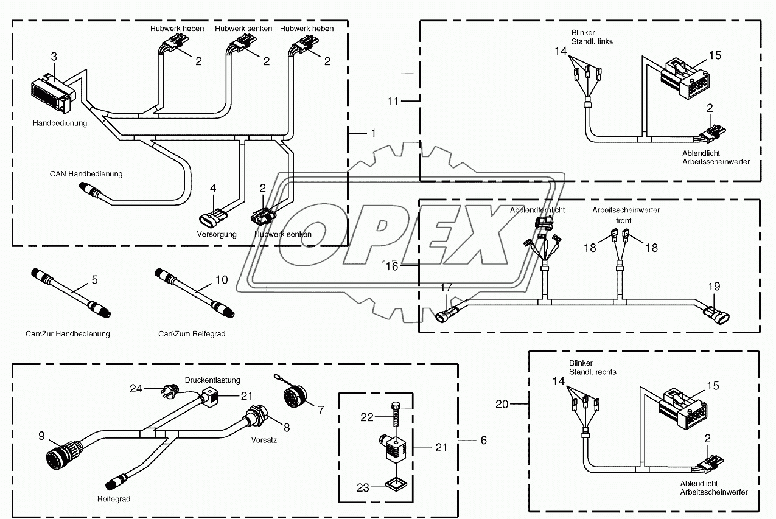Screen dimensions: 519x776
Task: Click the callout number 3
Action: (54, 57)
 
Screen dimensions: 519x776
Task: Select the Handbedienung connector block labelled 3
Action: (52, 92)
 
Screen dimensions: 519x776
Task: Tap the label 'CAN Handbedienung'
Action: (86, 174)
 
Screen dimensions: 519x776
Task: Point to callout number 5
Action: (94, 280)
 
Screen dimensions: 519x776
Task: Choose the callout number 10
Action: (222, 280)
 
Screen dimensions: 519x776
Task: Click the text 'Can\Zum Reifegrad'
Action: (192, 334)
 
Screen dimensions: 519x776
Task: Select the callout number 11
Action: (393, 101)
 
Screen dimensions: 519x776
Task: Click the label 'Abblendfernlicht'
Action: (537, 209)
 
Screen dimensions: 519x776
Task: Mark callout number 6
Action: (483, 439)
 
